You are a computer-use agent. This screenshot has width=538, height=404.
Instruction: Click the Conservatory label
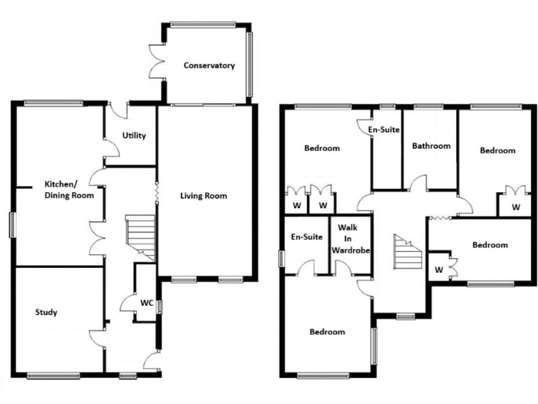click(x=209, y=66)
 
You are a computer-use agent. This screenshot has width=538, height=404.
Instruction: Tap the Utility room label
click(x=134, y=135)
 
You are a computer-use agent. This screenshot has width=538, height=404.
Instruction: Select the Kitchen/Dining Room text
click(x=69, y=190)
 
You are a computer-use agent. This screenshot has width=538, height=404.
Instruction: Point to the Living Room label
click(x=203, y=196)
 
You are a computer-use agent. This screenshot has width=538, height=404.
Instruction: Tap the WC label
click(x=146, y=303)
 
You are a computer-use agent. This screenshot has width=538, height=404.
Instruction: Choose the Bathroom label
click(x=431, y=146)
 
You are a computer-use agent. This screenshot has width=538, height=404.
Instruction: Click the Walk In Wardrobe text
click(x=350, y=239)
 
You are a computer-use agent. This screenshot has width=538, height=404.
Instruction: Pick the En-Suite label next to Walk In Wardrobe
click(x=307, y=237)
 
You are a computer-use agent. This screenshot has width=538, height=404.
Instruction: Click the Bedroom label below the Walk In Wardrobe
click(x=327, y=332)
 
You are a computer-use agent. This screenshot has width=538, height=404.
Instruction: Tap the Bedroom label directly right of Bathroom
click(x=497, y=150)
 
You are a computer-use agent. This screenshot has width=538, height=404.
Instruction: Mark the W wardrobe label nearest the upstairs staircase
click(x=439, y=269)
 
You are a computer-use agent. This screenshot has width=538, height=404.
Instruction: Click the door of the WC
click(x=127, y=304)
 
